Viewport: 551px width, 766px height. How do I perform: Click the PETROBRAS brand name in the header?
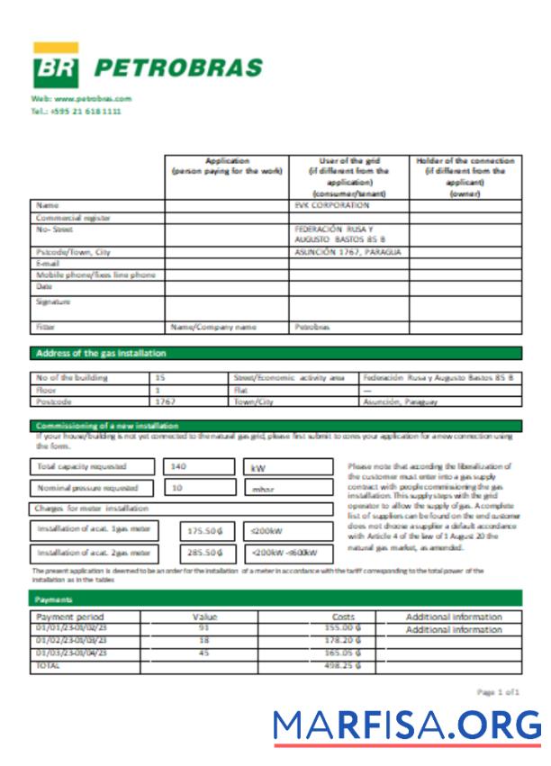(x=178, y=68)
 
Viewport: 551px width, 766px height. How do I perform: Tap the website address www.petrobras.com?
(x=81, y=98)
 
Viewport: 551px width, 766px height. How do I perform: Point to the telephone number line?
(x=76, y=112)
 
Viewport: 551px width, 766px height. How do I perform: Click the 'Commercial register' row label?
(x=73, y=217)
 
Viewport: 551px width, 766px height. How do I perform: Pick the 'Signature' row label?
(x=53, y=302)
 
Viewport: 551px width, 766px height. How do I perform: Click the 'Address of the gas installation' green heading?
(x=100, y=354)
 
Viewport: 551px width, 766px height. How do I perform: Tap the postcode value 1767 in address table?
(x=166, y=402)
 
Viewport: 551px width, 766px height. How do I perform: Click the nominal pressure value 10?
(x=177, y=488)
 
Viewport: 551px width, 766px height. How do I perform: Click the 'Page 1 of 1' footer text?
(x=499, y=691)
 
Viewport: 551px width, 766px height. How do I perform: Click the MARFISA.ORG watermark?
(x=407, y=725)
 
